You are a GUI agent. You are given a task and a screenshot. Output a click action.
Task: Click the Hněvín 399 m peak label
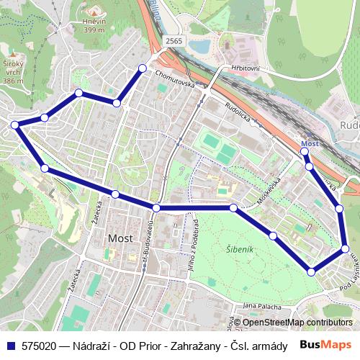[x=94, y=25]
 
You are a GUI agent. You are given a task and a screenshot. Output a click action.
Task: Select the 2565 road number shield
[x=174, y=42]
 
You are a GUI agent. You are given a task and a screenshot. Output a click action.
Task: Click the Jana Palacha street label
[x=260, y=306]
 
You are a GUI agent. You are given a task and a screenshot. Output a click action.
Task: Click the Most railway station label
[x=310, y=143]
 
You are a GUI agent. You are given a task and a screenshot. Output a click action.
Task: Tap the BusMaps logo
[x=327, y=345]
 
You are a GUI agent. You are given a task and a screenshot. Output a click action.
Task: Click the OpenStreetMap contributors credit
[x=297, y=322]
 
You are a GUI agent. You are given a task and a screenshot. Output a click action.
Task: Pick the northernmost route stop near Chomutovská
[x=142, y=68]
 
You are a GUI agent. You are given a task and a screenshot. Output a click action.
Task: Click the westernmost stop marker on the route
[x=14, y=125]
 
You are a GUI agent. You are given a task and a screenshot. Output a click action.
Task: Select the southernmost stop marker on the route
[x=311, y=272]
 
